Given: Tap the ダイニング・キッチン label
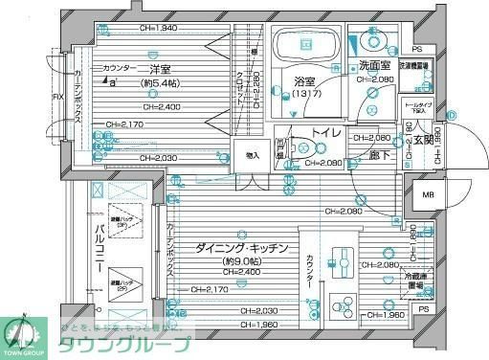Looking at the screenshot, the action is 242,247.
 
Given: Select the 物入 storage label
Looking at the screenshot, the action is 252,155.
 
